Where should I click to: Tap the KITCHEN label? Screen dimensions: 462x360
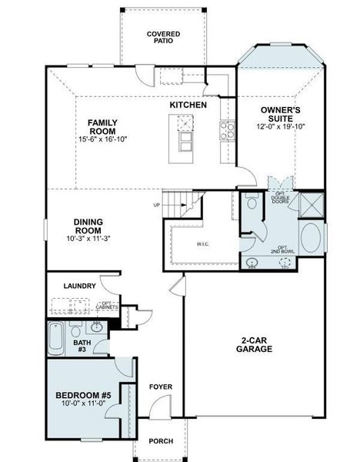188,104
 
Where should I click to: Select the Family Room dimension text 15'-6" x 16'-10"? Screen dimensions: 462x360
102,139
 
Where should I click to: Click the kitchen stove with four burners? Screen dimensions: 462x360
226,130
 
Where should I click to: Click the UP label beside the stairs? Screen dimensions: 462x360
157,206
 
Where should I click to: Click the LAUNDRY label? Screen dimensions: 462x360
81,286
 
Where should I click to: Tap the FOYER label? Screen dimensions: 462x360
160,387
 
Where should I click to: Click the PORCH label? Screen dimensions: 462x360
161,441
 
